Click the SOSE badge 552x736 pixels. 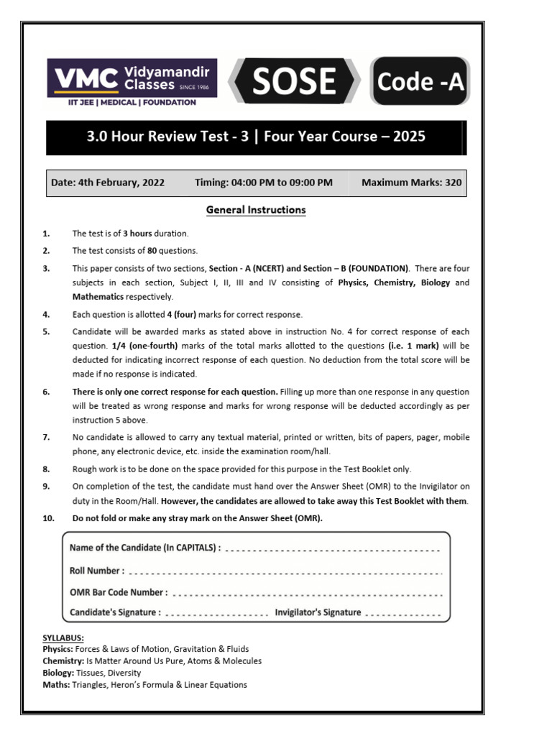pyautogui.click(x=294, y=81)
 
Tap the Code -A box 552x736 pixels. pyautogui.click(x=420, y=81)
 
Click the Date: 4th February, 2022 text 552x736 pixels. pyautogui.click(x=108, y=183)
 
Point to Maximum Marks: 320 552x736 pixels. pyautogui.click(x=411, y=183)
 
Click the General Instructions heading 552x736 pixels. pyautogui.click(x=256, y=210)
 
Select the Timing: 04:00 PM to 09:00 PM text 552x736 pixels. pyautogui.click(x=263, y=183)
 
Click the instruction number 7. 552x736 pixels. pyautogui.click(x=46, y=437)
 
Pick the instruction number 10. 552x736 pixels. pyautogui.click(x=48, y=518)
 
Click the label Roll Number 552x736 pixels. pyautogui.click(x=96, y=571)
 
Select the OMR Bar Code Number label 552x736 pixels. pyautogui.click(x=119, y=592)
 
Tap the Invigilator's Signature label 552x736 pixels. pyautogui.click(x=318, y=612)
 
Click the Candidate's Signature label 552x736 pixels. pyautogui.click(x=115, y=613)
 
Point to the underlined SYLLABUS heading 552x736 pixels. pyautogui.click(x=63, y=638)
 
